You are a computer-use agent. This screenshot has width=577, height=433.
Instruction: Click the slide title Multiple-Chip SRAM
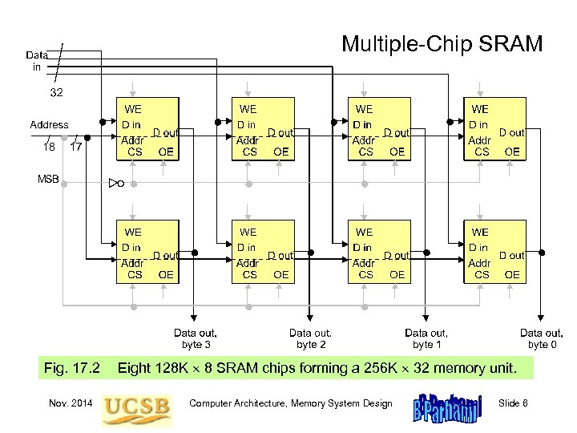(x=442, y=43)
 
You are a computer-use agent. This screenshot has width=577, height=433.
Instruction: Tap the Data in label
(x=36, y=62)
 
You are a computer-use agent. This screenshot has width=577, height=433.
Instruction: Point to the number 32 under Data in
(x=57, y=93)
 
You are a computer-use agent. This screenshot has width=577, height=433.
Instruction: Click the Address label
(x=49, y=125)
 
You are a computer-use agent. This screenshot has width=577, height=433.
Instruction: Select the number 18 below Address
(x=49, y=147)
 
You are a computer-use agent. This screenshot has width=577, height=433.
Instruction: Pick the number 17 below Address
(x=76, y=147)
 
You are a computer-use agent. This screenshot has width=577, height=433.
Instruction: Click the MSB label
(x=48, y=178)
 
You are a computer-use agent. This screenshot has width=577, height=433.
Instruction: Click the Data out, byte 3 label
(x=196, y=338)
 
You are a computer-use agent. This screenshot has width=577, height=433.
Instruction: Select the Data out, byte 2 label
(x=311, y=338)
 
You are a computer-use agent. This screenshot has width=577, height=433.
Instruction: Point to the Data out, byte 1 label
(x=426, y=338)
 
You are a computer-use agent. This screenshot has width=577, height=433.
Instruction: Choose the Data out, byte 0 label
(x=542, y=338)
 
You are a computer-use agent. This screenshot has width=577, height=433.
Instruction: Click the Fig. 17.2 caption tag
(x=72, y=369)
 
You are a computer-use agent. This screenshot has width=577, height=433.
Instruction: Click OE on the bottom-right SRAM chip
(x=512, y=274)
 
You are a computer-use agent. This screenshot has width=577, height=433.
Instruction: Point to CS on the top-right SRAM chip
(x=482, y=151)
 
